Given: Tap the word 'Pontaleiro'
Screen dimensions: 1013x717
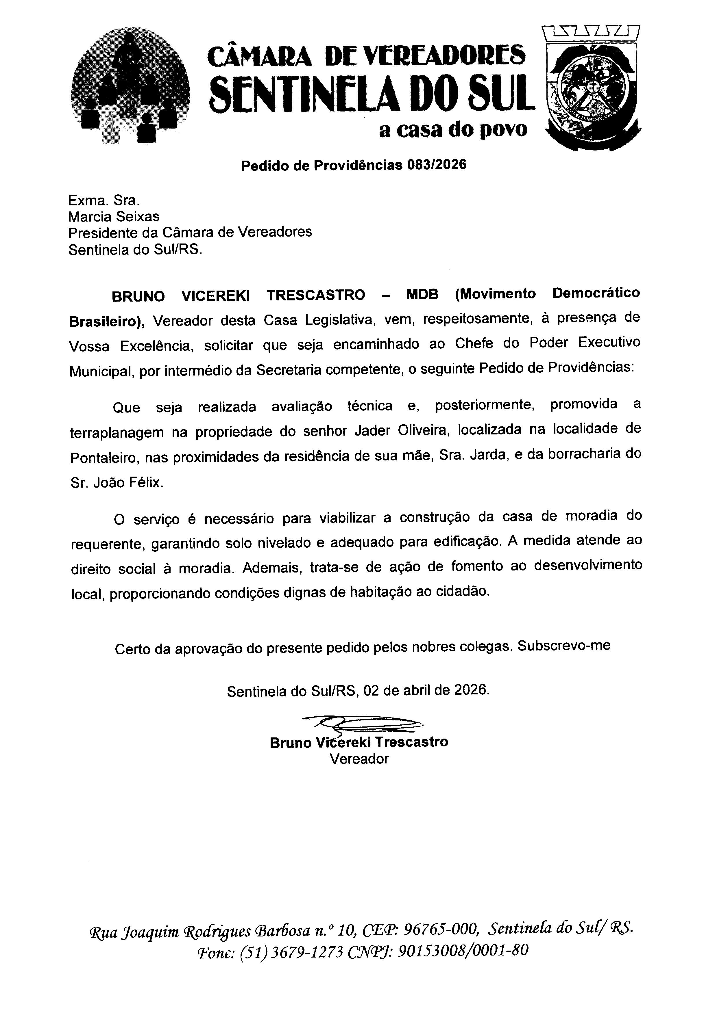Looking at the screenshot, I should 104,458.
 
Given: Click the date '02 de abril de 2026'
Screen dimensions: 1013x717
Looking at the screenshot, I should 426,690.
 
